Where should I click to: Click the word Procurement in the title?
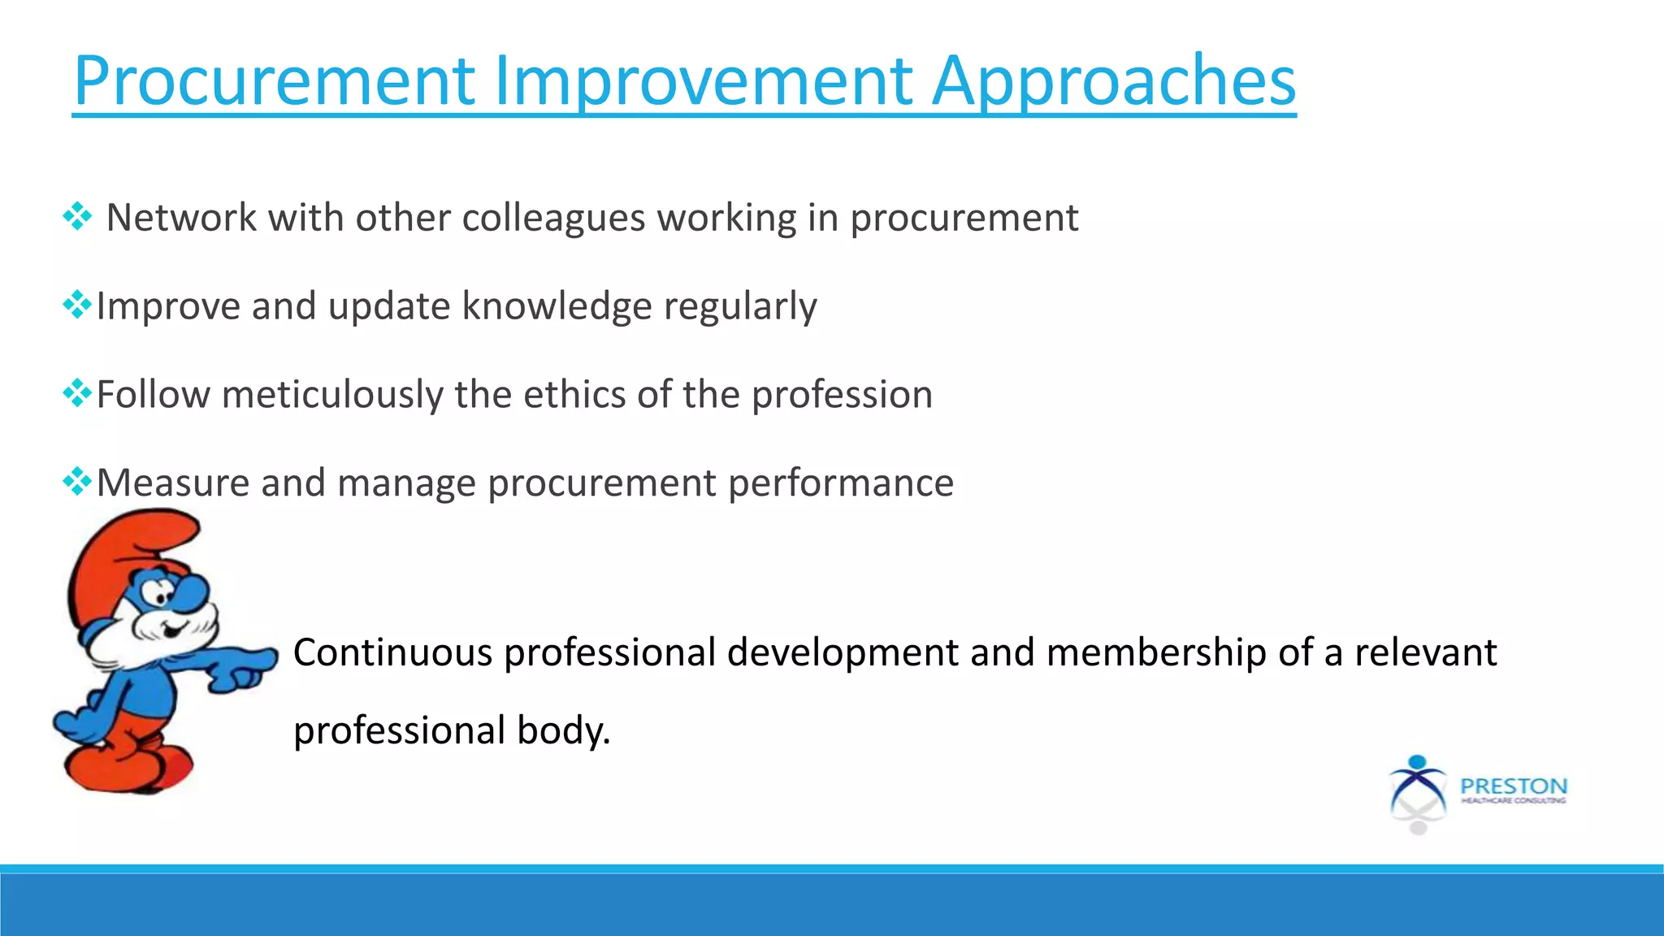(x=274, y=81)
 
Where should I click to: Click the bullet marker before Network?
(x=77, y=217)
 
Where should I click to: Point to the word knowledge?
(x=557, y=306)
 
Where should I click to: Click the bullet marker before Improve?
(x=77, y=305)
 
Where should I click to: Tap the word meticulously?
(x=332, y=395)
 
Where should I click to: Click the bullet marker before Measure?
(x=77, y=482)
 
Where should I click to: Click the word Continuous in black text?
(x=392, y=652)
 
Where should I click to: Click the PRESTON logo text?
(x=1513, y=786)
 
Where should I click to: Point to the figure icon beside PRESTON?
(x=1418, y=792)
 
